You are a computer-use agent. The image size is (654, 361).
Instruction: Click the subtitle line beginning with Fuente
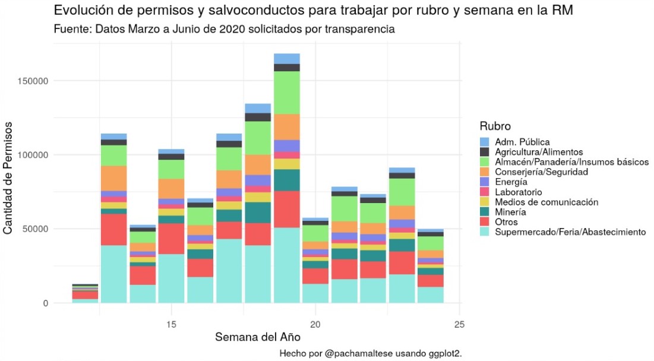click(224, 29)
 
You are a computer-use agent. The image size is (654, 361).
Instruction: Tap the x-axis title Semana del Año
click(257, 337)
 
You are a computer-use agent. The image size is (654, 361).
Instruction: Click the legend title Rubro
click(495, 126)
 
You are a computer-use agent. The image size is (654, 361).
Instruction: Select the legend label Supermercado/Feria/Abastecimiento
click(570, 232)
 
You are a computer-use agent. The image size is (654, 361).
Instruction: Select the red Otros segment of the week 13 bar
click(114, 229)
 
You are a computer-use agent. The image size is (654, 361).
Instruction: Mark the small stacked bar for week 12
click(86, 294)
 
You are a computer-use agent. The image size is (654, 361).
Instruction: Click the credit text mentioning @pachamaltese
click(369, 353)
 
